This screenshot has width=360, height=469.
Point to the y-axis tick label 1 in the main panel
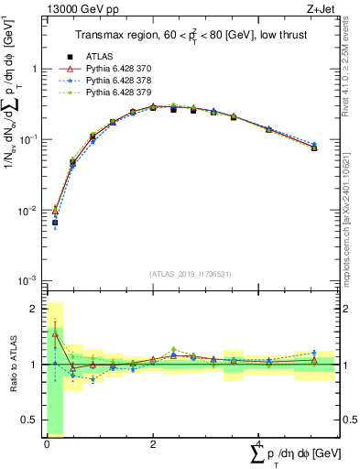35,70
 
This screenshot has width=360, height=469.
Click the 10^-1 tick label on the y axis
29,139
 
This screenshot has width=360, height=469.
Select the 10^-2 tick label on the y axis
29,211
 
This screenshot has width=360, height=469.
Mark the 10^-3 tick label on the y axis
29,280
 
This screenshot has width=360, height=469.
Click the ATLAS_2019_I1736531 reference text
190,273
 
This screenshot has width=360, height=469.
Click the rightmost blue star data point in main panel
314,145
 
